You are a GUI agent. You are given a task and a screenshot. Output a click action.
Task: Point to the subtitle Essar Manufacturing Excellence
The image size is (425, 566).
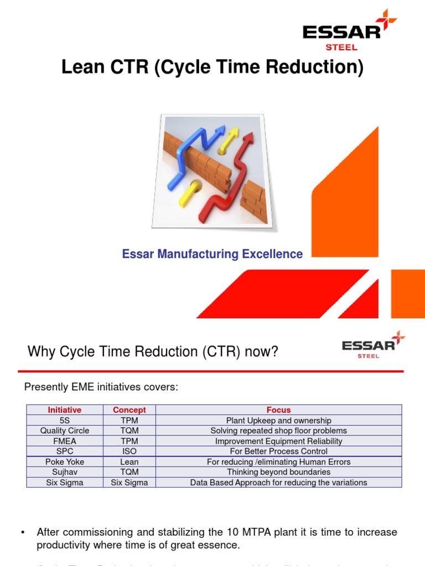point(212,254)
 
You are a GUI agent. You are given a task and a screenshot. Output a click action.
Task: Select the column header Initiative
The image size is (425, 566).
point(65,410)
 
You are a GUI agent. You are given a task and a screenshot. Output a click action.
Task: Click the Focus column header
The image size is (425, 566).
point(278,410)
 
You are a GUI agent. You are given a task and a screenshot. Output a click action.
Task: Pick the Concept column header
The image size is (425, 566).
point(129,410)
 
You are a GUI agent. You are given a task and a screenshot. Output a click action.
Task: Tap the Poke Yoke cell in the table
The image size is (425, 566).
point(65,462)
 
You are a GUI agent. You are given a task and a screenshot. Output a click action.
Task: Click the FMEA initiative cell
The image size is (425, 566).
point(65,441)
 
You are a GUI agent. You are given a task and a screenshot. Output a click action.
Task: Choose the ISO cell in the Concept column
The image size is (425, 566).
point(129,451)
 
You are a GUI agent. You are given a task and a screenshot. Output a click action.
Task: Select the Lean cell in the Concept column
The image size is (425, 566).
point(129,462)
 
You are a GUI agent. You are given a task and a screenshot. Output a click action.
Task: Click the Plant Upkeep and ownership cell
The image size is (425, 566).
point(278,421)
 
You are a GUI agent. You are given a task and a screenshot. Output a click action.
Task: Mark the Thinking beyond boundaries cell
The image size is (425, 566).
point(278,472)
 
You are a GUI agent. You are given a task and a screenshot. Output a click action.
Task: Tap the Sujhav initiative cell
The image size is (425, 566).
point(65,472)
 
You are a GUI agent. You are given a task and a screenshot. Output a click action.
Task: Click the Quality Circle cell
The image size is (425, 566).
point(65,431)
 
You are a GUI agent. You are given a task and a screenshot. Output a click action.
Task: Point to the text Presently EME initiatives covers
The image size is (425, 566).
point(101,387)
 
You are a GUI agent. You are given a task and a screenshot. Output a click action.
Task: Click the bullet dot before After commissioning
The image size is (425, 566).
point(23,532)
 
